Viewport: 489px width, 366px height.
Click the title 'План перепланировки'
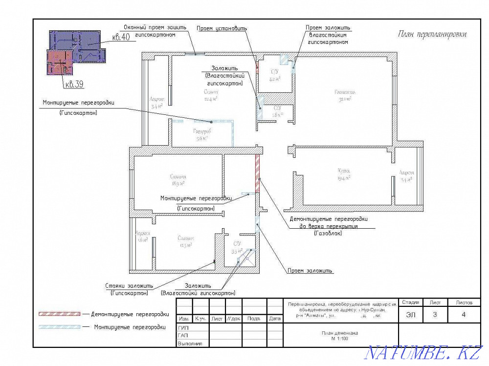pyautogui.click(x=432, y=34)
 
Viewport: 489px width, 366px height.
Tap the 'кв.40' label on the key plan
pyautogui.click(x=120, y=38)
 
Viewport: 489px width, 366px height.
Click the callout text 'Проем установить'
pyautogui.click(x=222, y=28)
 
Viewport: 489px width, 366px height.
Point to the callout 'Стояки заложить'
pyautogui.click(x=129, y=285)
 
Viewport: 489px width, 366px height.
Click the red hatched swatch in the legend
pyautogui.click(x=60, y=314)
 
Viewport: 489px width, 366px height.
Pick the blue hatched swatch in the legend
pyautogui.click(x=60, y=326)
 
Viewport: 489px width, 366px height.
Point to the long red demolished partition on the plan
pyautogui.click(x=257, y=173)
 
